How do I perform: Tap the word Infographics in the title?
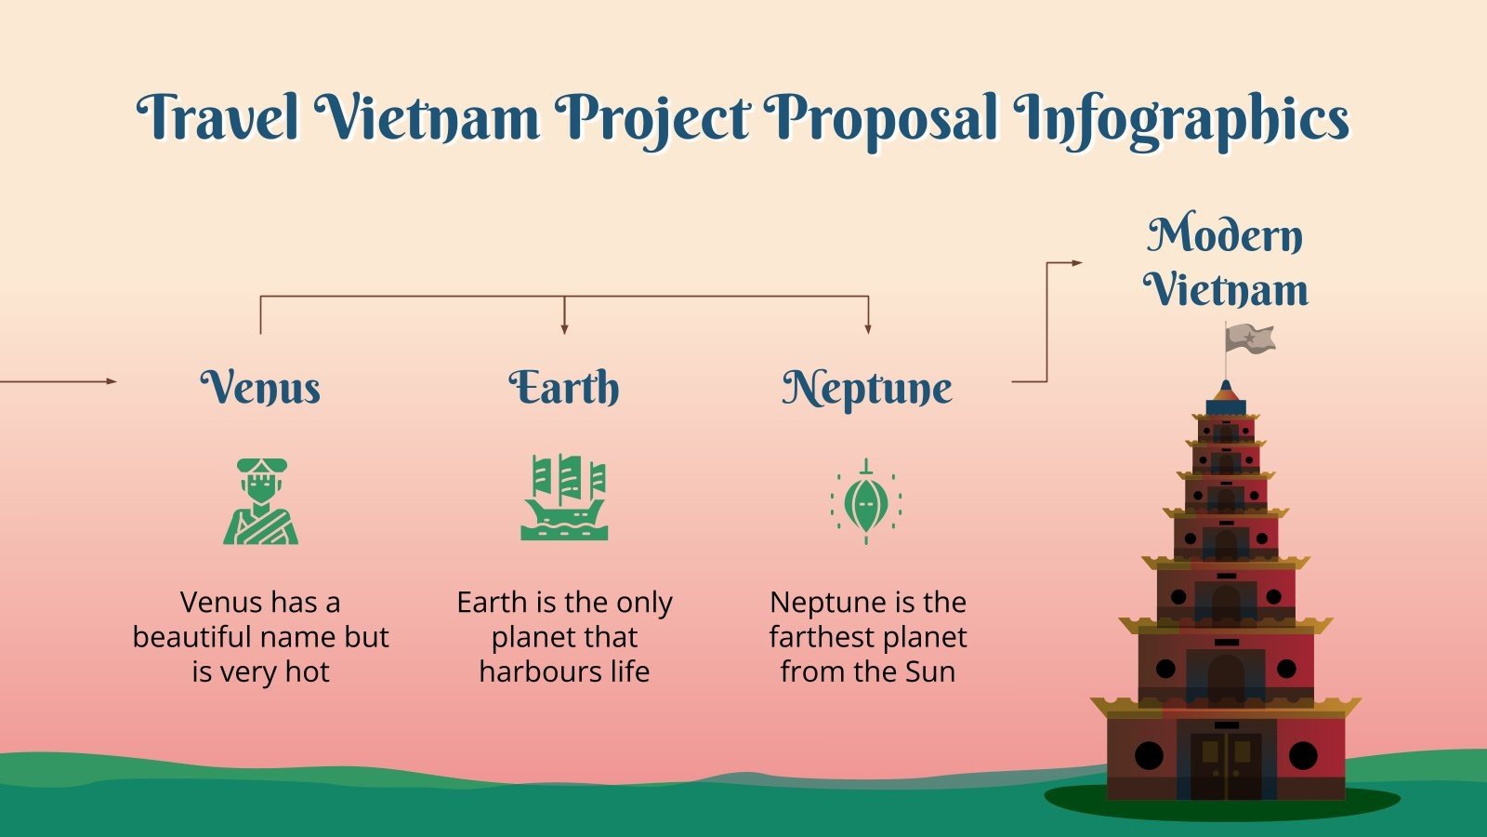pyautogui.click(x=1180, y=119)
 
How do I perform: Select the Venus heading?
pyautogui.click(x=260, y=387)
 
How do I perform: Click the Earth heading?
pyautogui.click(x=564, y=387)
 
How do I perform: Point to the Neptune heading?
pyautogui.click(x=867, y=387)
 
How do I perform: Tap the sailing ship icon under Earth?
pyautogui.click(x=564, y=498)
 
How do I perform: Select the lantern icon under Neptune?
pyautogui.click(x=866, y=502)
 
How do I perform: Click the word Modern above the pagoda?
pyautogui.click(x=1225, y=234)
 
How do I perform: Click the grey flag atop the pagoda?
pyautogui.click(x=1250, y=339)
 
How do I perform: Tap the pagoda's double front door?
pyautogui.click(x=1226, y=764)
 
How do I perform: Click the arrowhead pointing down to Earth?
pyautogui.click(x=564, y=328)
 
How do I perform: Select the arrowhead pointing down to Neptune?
pyautogui.click(x=868, y=328)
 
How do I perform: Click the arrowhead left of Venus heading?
pyautogui.click(x=112, y=381)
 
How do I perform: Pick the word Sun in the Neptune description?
pyautogui.click(x=930, y=671)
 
